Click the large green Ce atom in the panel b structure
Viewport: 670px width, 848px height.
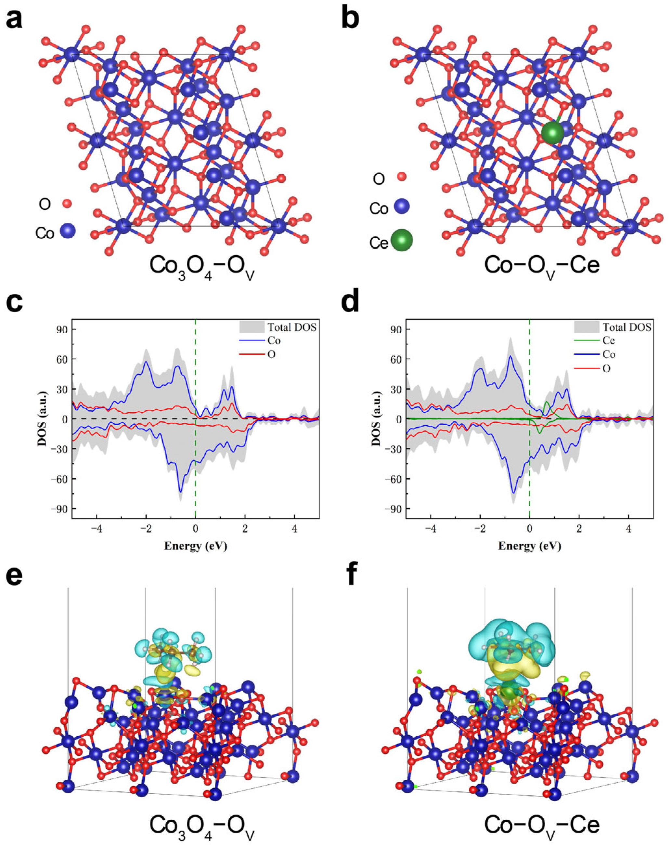pyautogui.click(x=552, y=132)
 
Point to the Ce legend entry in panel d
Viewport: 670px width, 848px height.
pyautogui.click(x=609, y=340)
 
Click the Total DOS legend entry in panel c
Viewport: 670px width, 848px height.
pyautogui.click(x=292, y=327)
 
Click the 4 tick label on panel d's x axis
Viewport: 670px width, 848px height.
pyautogui.click(x=628, y=529)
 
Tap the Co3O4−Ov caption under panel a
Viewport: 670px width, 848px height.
pyautogui.click(x=202, y=825)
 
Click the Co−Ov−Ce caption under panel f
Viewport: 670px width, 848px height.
pyautogui.click(x=542, y=825)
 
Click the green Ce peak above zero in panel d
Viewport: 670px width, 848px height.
pyautogui.click(x=547, y=402)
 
